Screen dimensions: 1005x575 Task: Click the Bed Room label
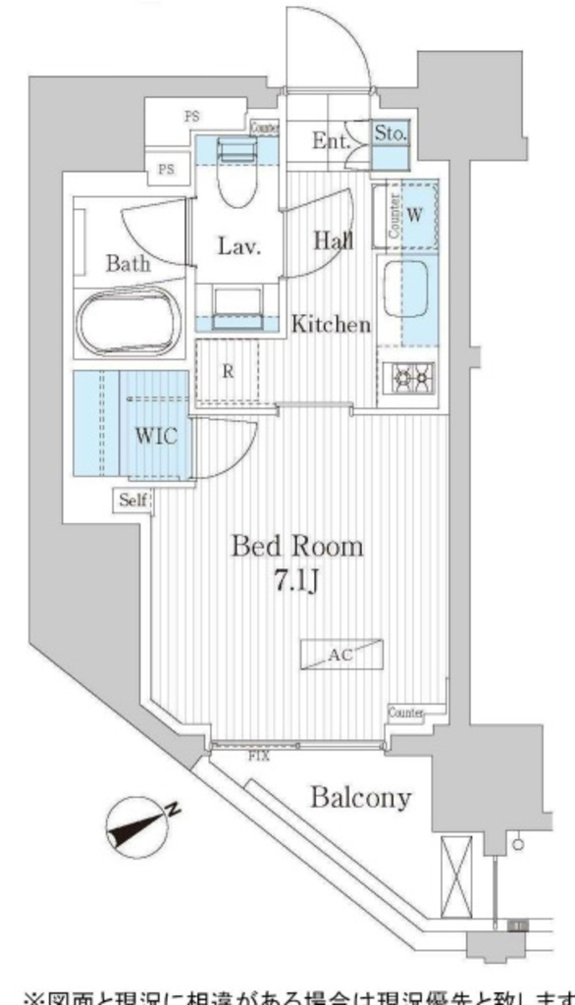pos(296,547)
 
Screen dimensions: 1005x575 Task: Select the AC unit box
pos(342,653)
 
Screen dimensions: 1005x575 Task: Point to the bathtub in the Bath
pos(130,323)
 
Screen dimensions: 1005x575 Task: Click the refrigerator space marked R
pos(228,372)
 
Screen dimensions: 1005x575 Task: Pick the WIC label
pos(156,436)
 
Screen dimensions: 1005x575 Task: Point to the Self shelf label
pos(133,501)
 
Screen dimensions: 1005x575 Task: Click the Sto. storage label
pos(391,134)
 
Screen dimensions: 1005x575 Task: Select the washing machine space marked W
pos(414,216)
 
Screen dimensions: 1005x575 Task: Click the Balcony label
pos(361,797)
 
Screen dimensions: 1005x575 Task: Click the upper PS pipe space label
pos(191,117)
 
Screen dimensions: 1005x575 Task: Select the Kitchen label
pos(331,325)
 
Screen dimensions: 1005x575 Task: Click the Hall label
pos(334,239)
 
